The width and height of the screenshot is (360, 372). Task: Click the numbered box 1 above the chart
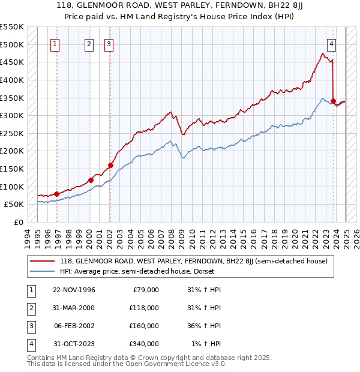pos(55,43)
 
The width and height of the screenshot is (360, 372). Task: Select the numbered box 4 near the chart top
pos(331,43)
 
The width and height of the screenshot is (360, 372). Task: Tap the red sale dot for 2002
pos(110,165)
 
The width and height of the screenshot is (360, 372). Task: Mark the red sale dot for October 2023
pos(333,101)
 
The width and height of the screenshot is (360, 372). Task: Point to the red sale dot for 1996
pos(56,194)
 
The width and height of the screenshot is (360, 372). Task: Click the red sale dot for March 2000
pos(91,180)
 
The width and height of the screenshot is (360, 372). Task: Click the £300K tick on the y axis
pos(12,115)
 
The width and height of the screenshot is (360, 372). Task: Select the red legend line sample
pos(42,261)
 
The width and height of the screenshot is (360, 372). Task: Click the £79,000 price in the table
pos(145,290)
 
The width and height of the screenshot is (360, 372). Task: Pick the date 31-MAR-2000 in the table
pos(74,308)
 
